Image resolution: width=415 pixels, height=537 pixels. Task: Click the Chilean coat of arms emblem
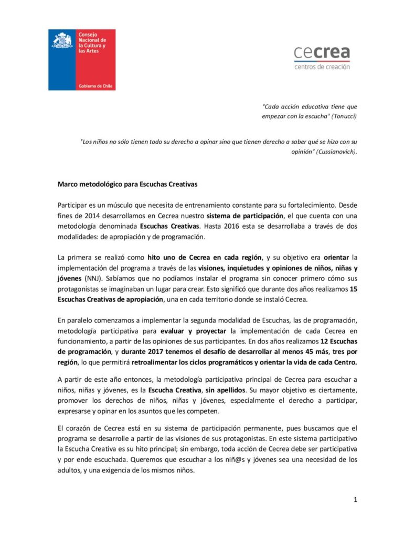coord(62,40)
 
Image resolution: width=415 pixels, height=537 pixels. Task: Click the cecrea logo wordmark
coord(322,53)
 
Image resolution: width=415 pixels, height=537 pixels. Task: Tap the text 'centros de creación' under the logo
coord(322,67)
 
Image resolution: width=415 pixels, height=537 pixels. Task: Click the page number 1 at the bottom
coord(355,499)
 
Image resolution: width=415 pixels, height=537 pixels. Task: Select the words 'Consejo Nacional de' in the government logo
coord(92,37)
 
